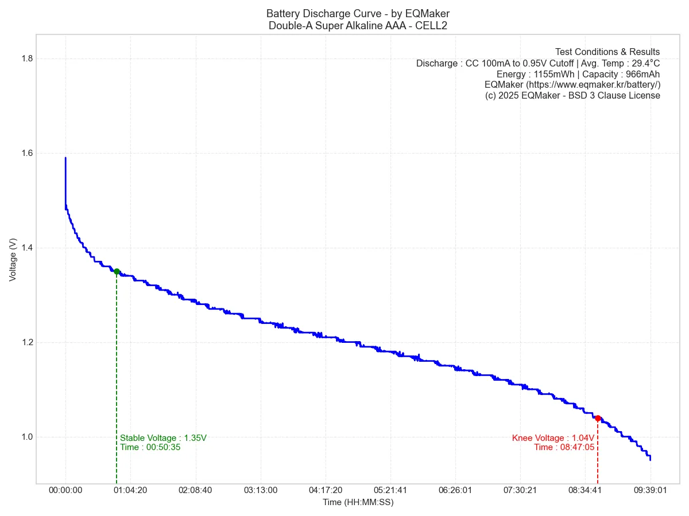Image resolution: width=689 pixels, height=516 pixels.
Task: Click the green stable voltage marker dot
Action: [117, 271]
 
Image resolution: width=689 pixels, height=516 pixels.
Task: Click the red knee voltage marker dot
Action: [598, 418]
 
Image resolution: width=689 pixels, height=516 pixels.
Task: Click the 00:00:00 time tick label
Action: [65, 490]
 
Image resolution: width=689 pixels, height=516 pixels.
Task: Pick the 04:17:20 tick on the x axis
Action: [325, 490]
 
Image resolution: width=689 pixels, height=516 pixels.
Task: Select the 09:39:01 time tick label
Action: [650, 490]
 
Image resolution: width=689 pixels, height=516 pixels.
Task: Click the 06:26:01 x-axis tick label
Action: [455, 490]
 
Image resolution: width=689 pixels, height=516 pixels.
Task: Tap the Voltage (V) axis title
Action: [13, 260]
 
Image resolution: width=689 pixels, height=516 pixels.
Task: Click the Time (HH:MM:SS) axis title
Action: [358, 502]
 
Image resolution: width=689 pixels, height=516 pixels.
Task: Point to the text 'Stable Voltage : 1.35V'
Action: [163, 438]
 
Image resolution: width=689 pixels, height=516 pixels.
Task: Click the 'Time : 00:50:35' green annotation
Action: [150, 447]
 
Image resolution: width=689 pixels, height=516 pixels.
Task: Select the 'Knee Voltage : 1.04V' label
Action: [553, 438]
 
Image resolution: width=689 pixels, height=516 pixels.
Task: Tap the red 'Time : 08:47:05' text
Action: [564, 447]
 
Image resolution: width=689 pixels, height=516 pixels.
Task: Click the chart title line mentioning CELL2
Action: [358, 25]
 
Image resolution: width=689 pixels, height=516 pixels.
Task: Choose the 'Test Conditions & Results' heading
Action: [607, 52]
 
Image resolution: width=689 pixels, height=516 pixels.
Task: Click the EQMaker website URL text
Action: [572, 85]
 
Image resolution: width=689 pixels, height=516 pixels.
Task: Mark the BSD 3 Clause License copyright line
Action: [572, 96]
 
